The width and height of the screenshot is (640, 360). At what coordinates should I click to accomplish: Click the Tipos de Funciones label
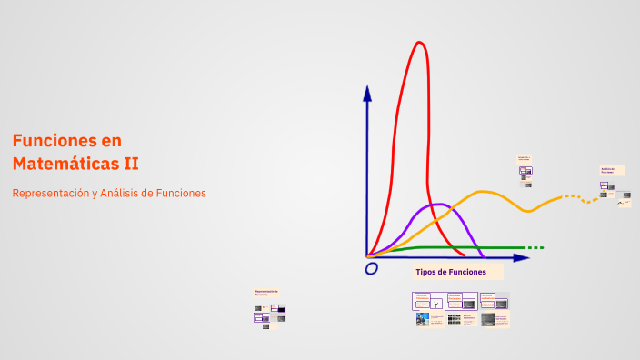tap(451, 272)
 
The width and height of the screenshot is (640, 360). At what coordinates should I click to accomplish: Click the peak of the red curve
tap(419, 43)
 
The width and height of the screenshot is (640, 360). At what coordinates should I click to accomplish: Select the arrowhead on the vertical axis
tap(367, 92)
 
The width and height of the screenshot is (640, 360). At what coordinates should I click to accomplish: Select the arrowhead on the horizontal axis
tap(521, 258)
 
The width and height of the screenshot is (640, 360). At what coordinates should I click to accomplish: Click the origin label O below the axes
tap(371, 268)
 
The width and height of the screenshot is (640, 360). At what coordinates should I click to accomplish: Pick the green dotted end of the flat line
tap(536, 247)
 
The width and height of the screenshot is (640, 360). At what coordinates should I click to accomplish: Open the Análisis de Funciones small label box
tap(608, 169)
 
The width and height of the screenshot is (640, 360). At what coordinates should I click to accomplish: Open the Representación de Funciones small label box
tap(266, 293)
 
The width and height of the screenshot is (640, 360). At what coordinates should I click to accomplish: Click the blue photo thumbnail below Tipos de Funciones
tap(423, 319)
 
